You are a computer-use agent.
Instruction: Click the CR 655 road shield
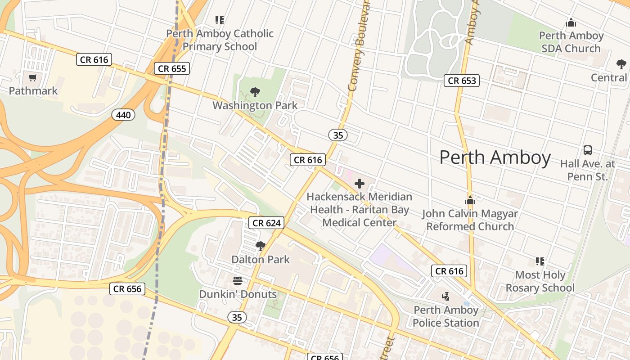172,68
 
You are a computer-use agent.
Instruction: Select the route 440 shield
123,115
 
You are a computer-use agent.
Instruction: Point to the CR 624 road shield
267,223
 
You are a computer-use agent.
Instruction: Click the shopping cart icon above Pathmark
32,78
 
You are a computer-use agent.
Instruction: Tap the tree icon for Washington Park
255,93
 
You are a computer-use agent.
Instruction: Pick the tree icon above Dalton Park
260,246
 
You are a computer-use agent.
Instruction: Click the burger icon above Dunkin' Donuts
238,281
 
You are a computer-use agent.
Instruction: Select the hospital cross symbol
360,183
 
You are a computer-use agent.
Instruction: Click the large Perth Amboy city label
495,157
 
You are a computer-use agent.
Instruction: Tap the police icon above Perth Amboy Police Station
445,296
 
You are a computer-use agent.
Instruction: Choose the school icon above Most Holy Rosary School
540,261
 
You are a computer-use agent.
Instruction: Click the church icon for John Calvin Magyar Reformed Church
470,200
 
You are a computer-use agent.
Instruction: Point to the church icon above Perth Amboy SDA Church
571,22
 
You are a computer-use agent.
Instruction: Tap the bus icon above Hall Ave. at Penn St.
588,150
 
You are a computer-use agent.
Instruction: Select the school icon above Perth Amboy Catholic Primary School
220,20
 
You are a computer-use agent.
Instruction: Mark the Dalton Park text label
261,260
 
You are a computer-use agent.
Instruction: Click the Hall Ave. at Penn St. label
588,170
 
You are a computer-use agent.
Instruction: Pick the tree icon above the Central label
621,64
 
